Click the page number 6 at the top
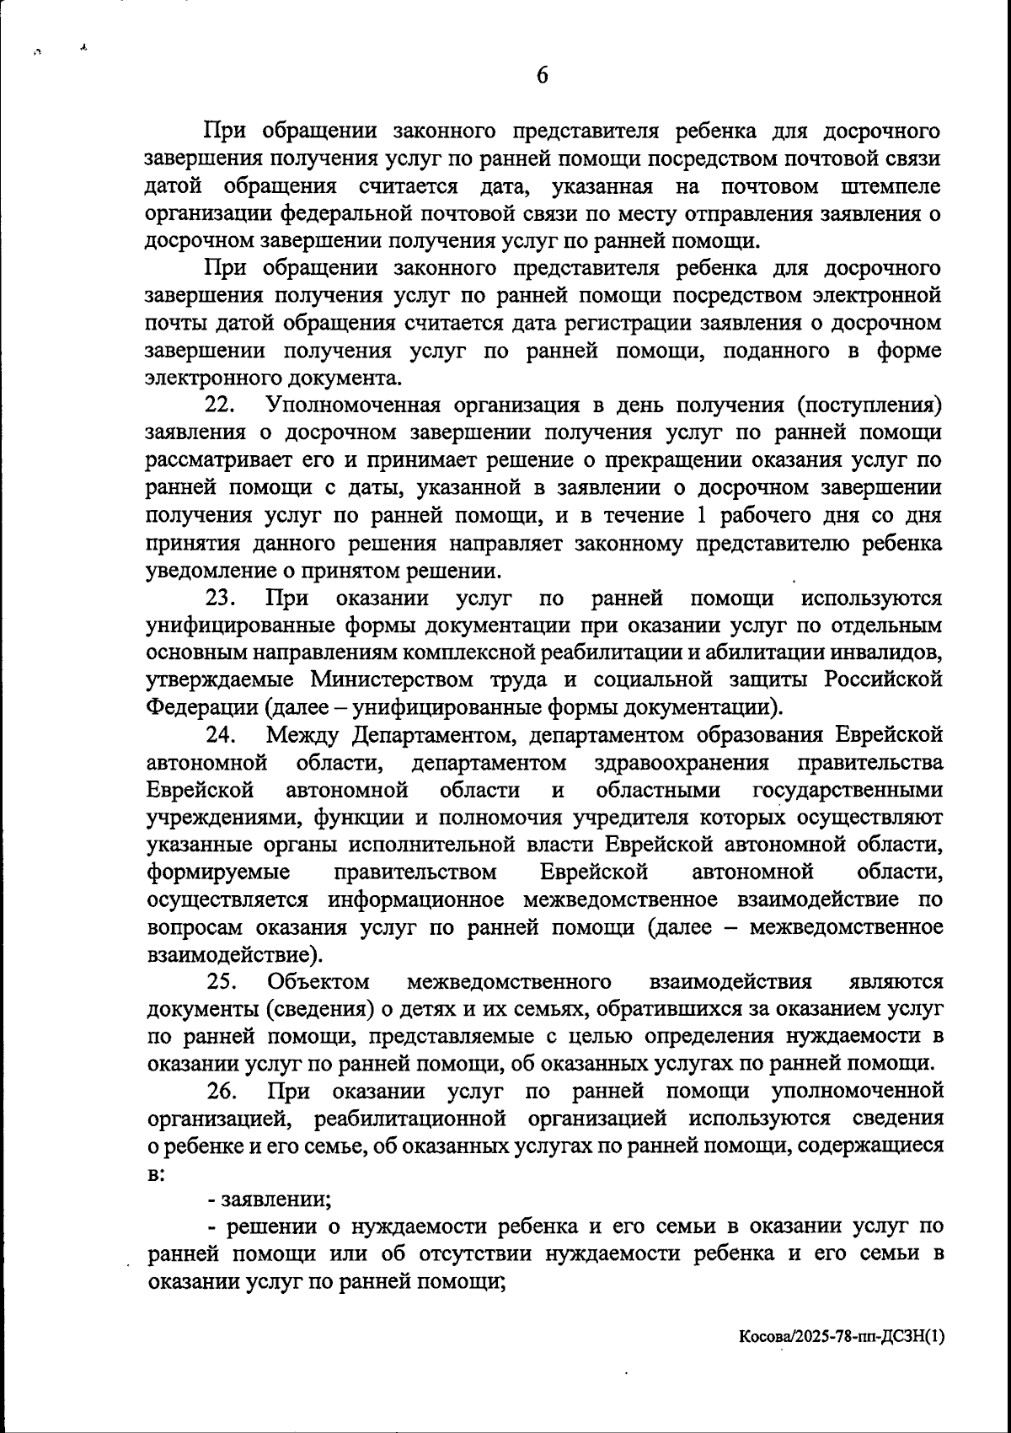coord(543,76)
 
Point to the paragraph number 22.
coord(221,405)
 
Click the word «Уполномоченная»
coord(353,405)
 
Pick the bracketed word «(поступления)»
coord(869,405)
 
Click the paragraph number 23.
coord(221,598)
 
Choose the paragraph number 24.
coord(221,735)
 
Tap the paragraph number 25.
coord(221,981)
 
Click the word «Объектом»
coord(318,981)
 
